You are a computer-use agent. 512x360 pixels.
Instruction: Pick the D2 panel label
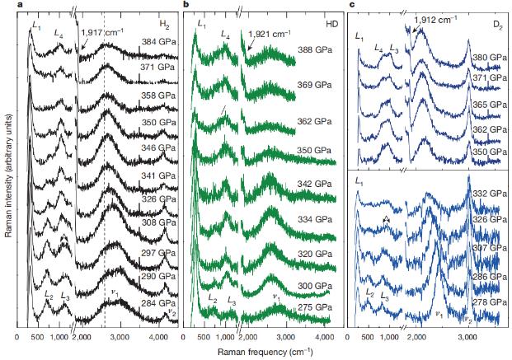point(497,25)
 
